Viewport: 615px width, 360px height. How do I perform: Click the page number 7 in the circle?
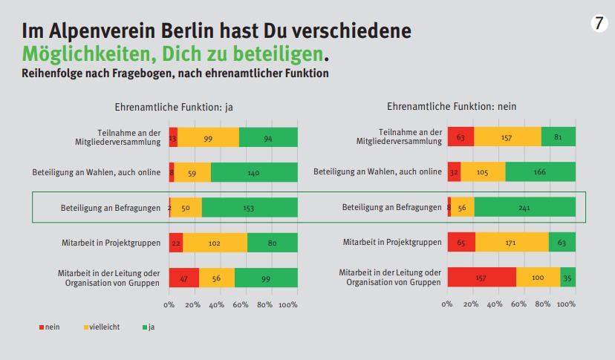[x=599, y=24]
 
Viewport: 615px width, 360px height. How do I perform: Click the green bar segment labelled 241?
[x=524, y=207]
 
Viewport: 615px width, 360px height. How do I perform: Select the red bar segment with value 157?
[x=482, y=277]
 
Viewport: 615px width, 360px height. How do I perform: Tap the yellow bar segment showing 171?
[x=512, y=242]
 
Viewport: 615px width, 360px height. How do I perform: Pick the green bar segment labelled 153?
[x=250, y=207]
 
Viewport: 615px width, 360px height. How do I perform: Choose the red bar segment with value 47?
[x=183, y=277]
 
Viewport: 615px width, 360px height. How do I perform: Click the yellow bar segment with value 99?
[x=208, y=137]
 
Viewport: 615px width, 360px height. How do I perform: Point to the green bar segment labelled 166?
[x=540, y=172]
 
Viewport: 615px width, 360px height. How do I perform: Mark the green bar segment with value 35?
[x=568, y=277]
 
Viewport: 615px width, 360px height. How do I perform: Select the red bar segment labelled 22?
[x=176, y=242]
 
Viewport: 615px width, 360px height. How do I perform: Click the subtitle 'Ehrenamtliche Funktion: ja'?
[x=174, y=107]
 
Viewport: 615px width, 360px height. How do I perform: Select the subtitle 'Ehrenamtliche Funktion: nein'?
[x=452, y=107]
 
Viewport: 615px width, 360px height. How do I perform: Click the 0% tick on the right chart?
[x=447, y=304]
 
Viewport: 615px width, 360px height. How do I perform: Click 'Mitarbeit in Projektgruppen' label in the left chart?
[x=111, y=242]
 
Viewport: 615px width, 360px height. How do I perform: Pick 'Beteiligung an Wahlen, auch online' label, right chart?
[x=377, y=172]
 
